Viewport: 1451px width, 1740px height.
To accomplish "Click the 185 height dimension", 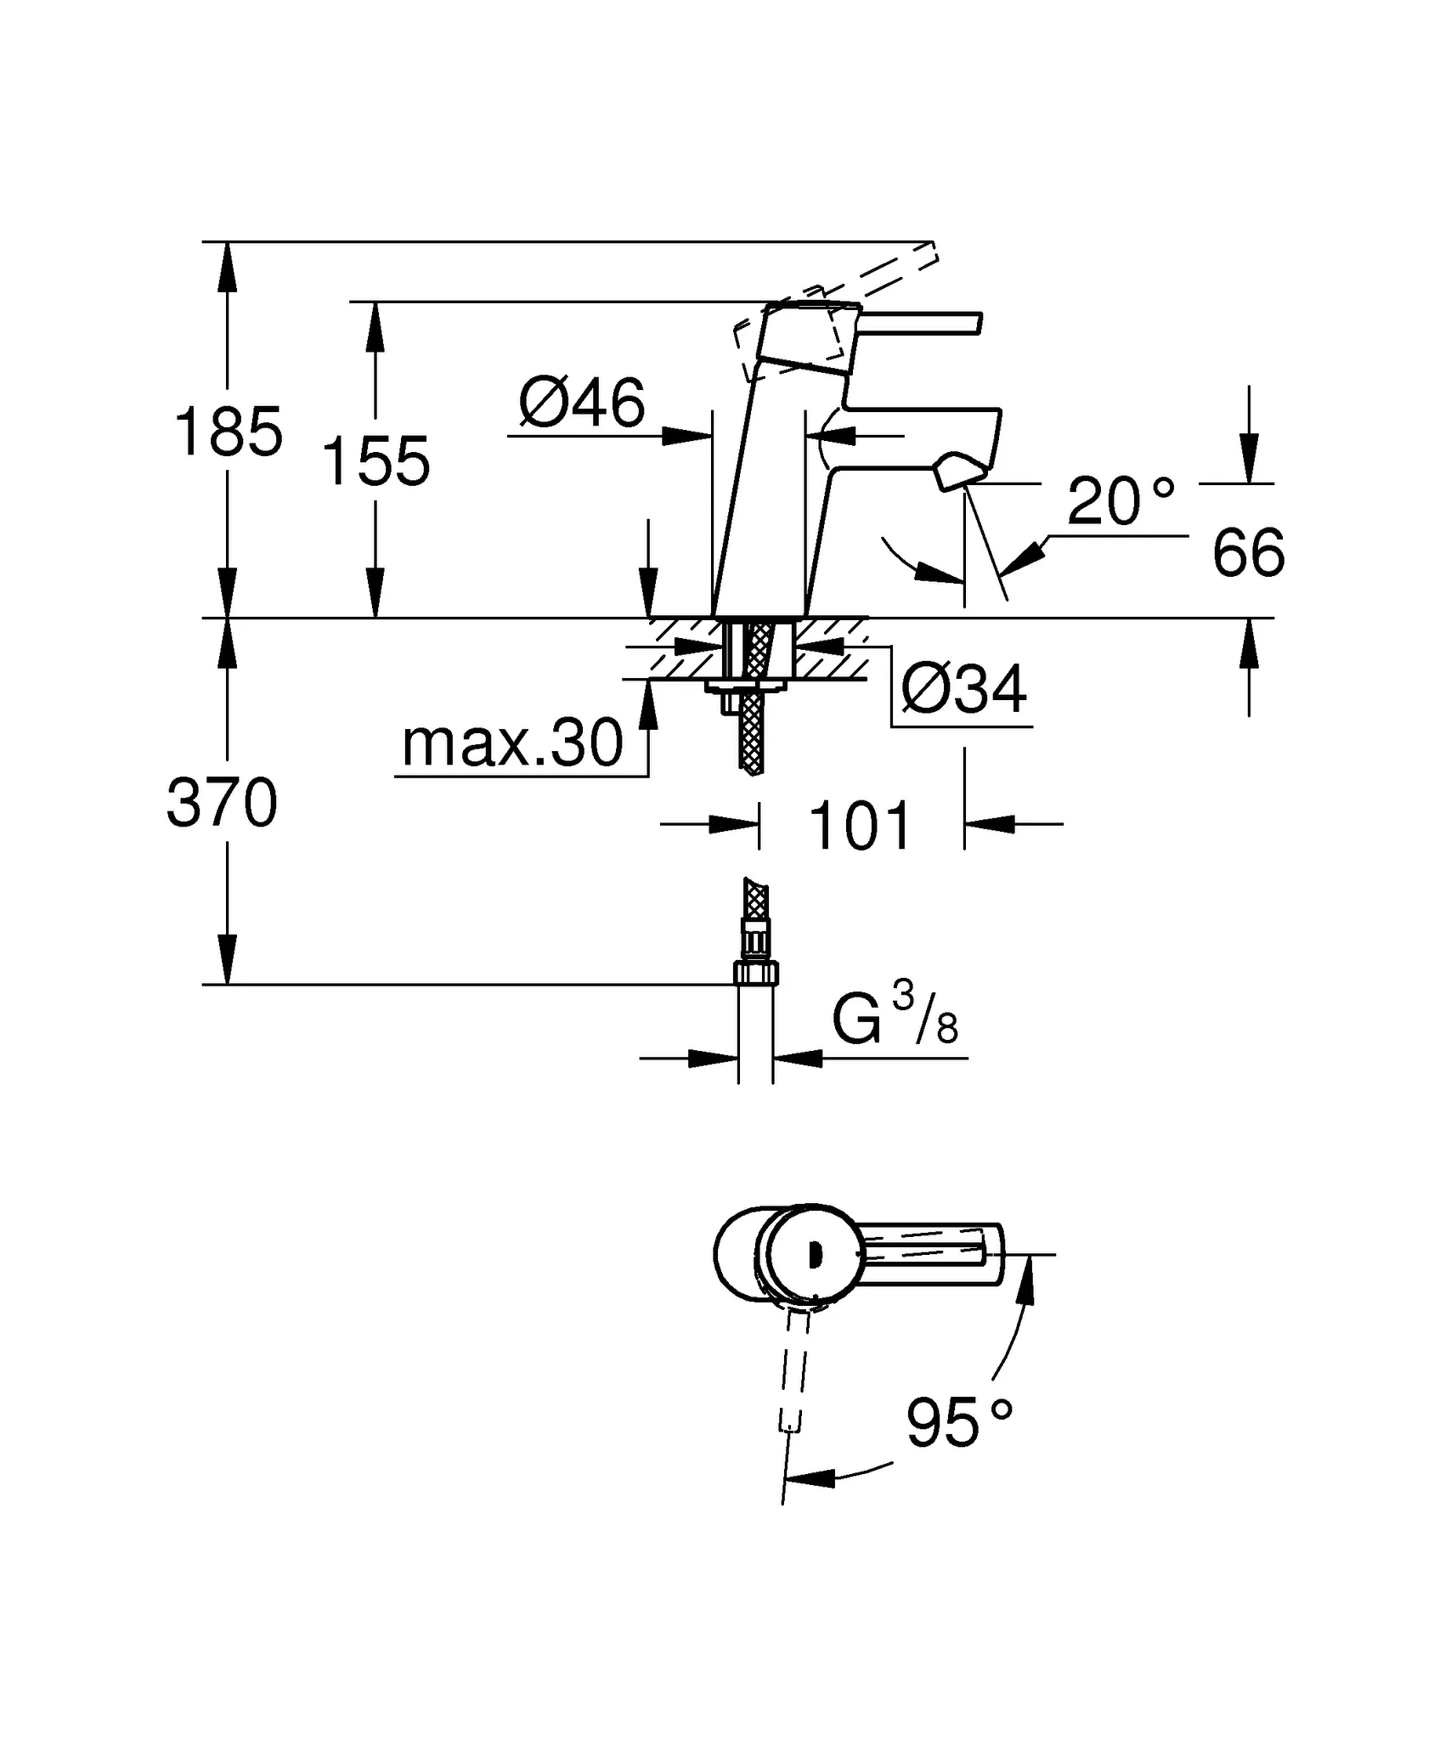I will click(x=228, y=432).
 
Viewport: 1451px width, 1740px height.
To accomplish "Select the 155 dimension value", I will click(x=376, y=461).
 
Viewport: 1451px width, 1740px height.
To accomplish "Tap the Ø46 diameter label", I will click(x=582, y=403).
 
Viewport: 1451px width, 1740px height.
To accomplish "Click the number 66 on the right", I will click(x=1248, y=553).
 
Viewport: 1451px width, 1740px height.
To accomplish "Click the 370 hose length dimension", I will click(x=223, y=803).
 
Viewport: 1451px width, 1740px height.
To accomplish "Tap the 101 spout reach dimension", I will click(x=861, y=826).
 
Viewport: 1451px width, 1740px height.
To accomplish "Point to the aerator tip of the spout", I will click(x=961, y=473).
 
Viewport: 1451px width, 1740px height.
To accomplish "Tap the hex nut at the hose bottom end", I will click(x=755, y=972).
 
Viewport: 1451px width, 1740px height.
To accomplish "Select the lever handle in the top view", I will click(x=930, y=1252).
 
